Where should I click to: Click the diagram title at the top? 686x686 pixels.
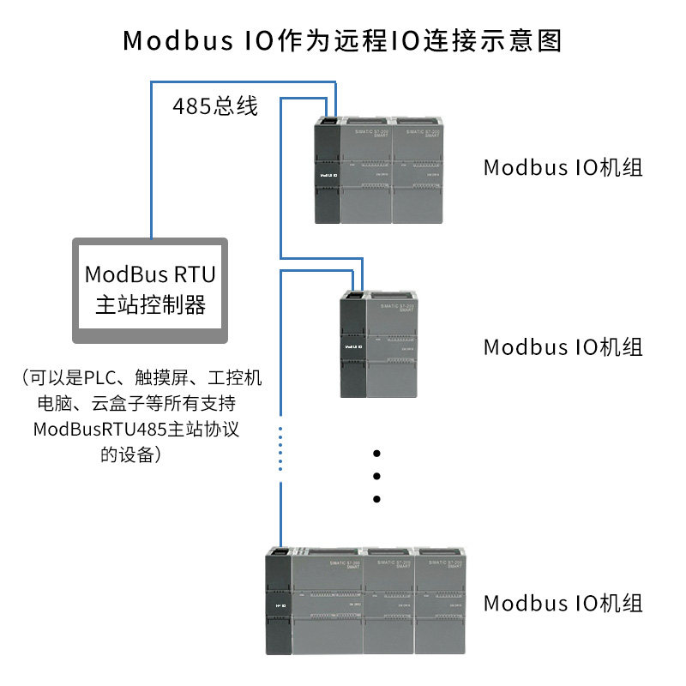[343, 40]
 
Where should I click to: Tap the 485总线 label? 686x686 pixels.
[215, 107]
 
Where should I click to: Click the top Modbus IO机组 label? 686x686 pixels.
[563, 167]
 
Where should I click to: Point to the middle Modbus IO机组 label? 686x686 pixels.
[563, 347]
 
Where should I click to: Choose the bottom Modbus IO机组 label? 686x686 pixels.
[563, 603]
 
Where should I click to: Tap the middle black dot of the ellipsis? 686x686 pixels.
[376, 476]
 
